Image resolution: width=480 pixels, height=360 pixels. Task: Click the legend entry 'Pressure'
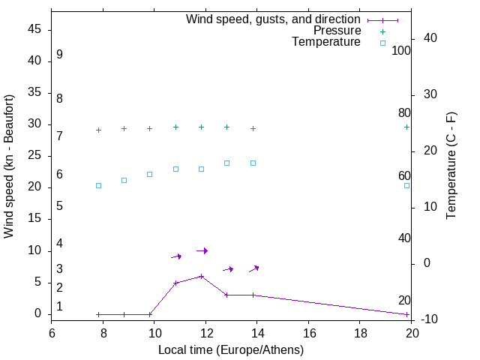pos(337,31)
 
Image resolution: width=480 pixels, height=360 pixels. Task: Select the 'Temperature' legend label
pos(326,42)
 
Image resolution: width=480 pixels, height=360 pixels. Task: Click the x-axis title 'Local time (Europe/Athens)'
pos(231,349)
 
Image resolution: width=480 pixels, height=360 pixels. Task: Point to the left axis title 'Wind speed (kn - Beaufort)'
pos(9,166)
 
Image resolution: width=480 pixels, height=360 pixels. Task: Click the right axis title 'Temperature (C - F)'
pos(451,166)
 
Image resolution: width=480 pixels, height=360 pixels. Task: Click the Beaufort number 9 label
pos(59,55)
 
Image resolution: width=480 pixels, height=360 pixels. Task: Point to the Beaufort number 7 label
pos(59,136)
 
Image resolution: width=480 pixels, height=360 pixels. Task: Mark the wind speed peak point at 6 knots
pos(201,276)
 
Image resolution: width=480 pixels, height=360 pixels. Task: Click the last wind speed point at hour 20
pos(406,314)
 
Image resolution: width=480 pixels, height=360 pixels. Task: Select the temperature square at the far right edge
pos(406,185)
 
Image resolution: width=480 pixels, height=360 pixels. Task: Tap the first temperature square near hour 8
pos(98,185)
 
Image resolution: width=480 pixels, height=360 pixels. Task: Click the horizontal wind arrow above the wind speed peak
pos(202,250)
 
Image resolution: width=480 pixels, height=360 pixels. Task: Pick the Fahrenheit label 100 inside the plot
pos(402,51)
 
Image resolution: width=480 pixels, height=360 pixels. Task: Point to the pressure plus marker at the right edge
pos(406,127)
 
